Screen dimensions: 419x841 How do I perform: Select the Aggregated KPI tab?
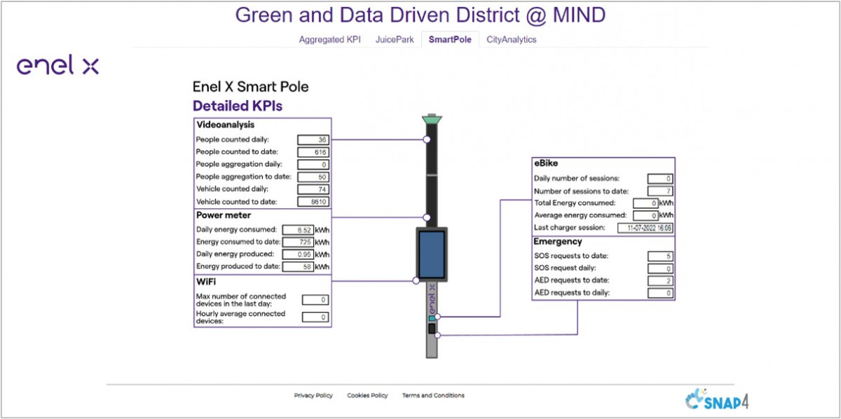(329, 40)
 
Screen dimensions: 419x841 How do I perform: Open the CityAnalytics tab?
(512, 40)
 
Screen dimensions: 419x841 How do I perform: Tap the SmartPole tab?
(450, 40)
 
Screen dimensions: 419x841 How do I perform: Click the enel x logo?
(57, 67)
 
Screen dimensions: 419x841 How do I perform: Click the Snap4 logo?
(716, 401)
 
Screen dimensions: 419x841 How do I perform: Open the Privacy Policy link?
(313, 396)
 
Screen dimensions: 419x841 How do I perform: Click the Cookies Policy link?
(367, 396)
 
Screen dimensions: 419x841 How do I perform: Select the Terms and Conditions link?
(433, 396)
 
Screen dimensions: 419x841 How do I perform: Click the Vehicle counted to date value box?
(313, 202)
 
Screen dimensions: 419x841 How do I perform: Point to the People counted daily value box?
(313, 139)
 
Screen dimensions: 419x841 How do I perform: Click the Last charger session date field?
(645, 228)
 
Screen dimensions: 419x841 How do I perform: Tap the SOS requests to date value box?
(661, 256)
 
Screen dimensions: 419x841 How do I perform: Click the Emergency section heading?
(558, 242)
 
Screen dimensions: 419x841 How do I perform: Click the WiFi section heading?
(206, 282)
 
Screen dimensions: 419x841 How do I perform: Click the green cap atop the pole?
(432, 121)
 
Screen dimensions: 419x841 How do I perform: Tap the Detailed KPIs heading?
(237, 107)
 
